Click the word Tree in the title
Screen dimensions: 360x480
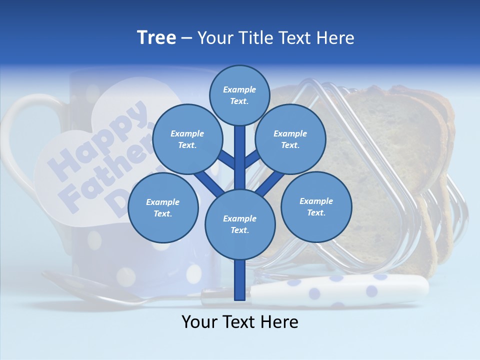(156, 38)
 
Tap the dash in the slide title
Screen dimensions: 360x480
(186, 38)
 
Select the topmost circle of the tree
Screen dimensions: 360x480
(239, 95)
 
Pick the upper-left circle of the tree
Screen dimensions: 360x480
(187, 139)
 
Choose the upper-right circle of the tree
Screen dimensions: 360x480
(290, 139)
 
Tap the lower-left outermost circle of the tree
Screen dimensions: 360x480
(163, 207)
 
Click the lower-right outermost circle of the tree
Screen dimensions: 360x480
(316, 206)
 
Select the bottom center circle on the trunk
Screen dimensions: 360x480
(239, 224)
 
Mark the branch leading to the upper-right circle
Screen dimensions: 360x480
(252, 160)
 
